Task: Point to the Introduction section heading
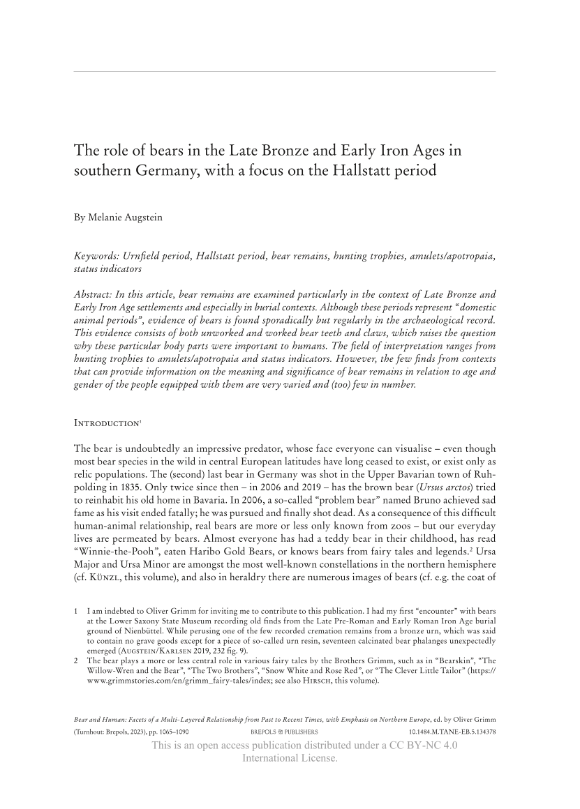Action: [108, 423]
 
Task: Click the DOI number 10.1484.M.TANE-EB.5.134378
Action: [452, 732]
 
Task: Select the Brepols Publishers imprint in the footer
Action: [284, 732]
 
